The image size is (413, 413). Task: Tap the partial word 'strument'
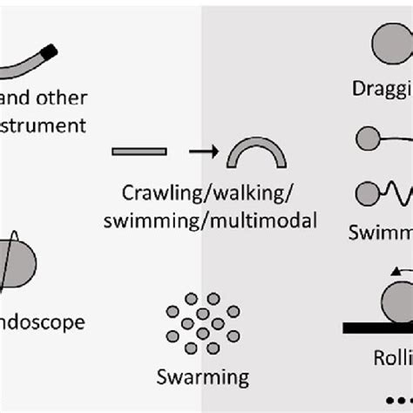click(44, 125)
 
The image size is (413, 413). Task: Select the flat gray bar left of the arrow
click(139, 152)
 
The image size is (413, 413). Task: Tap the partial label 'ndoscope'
click(44, 322)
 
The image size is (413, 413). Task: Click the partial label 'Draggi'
click(382, 89)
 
